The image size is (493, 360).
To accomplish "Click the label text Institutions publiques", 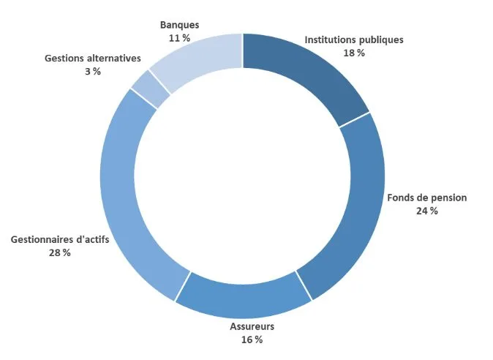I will tap(353, 40).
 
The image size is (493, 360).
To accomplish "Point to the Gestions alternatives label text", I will tap(92, 58).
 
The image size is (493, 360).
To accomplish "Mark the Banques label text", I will tap(180, 25).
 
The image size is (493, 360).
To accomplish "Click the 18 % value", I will tap(353, 53).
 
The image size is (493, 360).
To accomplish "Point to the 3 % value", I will tap(92, 71).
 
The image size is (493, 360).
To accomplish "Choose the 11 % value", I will tap(180, 38).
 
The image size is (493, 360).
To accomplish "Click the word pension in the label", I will tap(448, 198).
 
